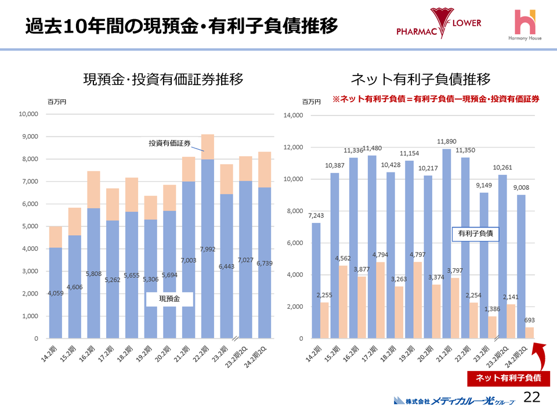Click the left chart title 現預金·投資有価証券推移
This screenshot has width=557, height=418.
click(x=163, y=80)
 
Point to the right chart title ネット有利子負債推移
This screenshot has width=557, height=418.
click(x=421, y=80)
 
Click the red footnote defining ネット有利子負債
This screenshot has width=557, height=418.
click(x=436, y=99)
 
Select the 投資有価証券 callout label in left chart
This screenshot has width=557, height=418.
click(x=169, y=143)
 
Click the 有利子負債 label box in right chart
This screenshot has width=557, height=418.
click(x=475, y=233)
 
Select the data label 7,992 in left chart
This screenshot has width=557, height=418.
click(x=207, y=250)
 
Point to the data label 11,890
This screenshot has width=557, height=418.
click(x=447, y=141)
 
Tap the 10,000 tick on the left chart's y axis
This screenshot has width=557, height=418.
click(x=28, y=114)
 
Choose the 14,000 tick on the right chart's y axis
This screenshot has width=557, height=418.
click(x=294, y=116)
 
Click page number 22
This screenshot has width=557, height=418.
click(x=532, y=397)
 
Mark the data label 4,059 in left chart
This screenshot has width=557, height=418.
click(x=56, y=294)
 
